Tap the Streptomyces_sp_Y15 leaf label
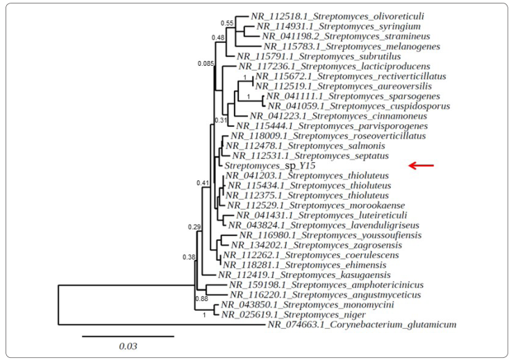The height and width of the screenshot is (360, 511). tap(268, 166)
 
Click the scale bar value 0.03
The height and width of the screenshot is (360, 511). tap(128, 347)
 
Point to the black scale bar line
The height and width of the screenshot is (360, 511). tap(128, 336)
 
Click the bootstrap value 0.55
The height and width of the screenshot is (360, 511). tap(237, 23)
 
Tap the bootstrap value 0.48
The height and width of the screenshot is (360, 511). tap(218, 37)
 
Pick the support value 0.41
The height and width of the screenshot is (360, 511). tap(203, 183)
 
